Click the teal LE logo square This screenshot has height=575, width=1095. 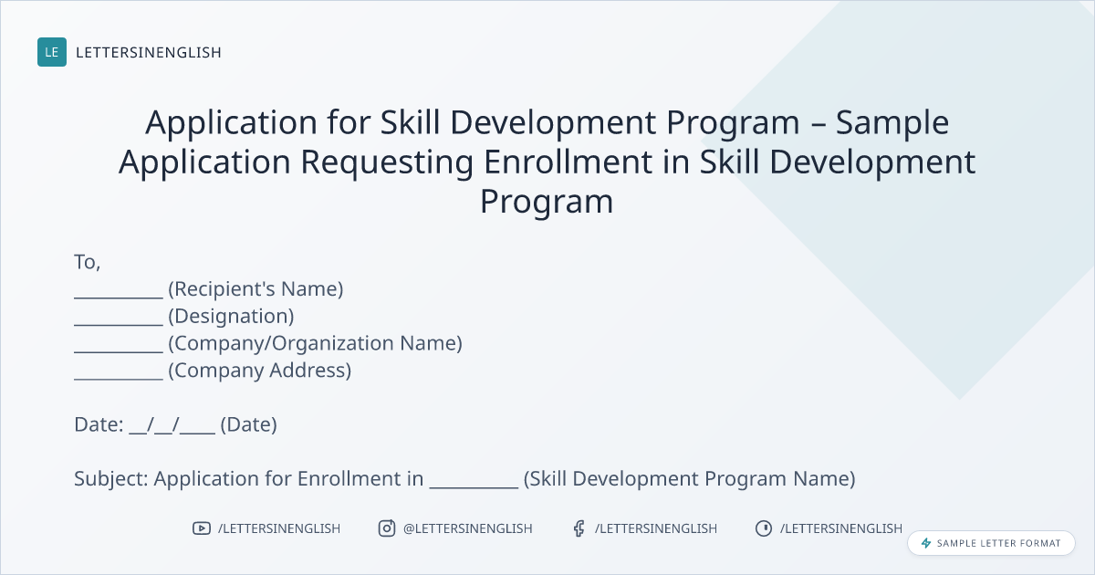[x=52, y=52]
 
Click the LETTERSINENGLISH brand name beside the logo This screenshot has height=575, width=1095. [x=149, y=52]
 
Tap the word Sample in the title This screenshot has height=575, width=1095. [x=892, y=123]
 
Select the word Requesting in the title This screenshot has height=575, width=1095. [x=387, y=162]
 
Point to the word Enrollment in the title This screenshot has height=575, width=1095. [x=568, y=162]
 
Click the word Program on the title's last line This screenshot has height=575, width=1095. [x=547, y=202]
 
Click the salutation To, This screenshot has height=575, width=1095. [x=87, y=263]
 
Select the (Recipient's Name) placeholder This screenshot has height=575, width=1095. [x=255, y=289]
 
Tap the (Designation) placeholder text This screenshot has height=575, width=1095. [x=231, y=317]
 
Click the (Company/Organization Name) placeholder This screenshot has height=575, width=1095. [x=316, y=343]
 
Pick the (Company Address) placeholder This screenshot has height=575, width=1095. [x=259, y=371]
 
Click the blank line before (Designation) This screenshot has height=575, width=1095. [x=119, y=325]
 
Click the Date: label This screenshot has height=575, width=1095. [x=99, y=424]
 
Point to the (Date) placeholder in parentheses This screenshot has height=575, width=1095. [x=248, y=425]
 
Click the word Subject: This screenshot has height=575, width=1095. [x=111, y=479]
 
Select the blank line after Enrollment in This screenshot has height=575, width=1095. [x=474, y=487]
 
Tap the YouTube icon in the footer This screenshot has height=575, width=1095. [x=202, y=528]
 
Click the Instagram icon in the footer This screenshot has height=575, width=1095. [x=387, y=528]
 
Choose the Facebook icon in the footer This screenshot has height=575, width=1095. [x=579, y=528]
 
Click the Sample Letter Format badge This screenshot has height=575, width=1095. [x=991, y=543]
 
